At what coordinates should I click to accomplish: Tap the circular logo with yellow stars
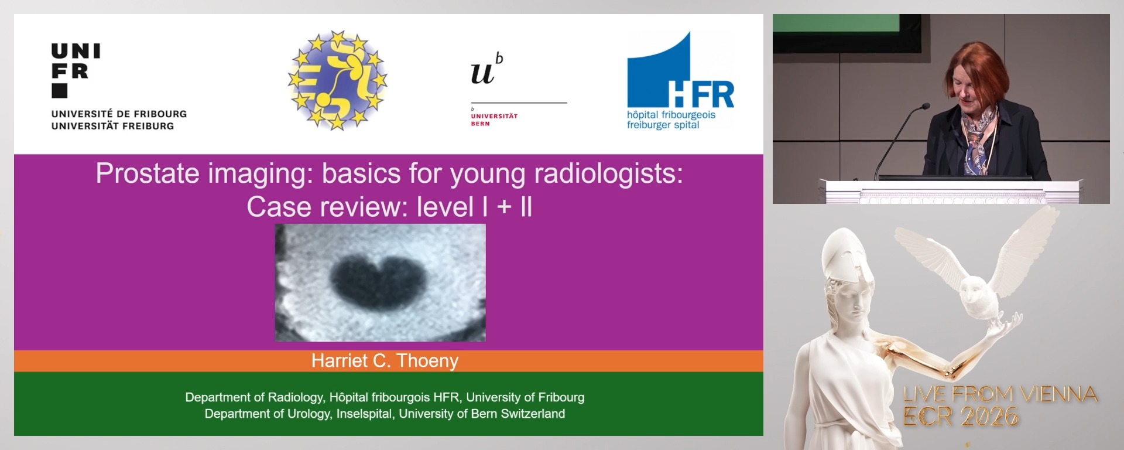click(x=337, y=80)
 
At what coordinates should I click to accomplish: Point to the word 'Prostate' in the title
click(x=148, y=174)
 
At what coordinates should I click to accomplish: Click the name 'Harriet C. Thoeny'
click(x=385, y=361)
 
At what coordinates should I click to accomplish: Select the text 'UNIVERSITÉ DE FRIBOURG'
click(x=119, y=114)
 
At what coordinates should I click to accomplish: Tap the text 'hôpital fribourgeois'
click(x=671, y=115)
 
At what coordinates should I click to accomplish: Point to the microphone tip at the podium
click(x=925, y=106)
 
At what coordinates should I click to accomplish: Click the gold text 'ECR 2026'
click(x=960, y=417)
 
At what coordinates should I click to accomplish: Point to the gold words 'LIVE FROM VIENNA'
click(x=1000, y=394)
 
